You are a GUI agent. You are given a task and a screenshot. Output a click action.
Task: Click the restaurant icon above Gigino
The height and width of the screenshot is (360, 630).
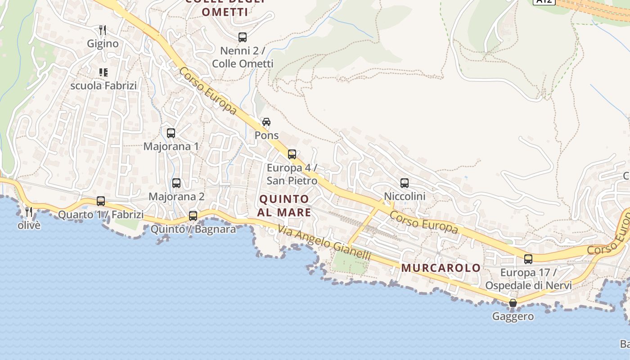(103, 30)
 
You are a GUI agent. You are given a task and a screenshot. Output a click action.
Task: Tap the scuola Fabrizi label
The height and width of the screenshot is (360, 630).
(103, 85)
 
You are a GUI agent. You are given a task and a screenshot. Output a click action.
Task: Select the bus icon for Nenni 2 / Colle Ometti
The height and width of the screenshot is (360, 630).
(243, 37)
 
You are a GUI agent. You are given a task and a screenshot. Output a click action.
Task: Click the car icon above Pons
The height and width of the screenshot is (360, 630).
(266, 122)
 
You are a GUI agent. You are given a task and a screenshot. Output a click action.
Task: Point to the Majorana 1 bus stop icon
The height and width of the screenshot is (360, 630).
(171, 133)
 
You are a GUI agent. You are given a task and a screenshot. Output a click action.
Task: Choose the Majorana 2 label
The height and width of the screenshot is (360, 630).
(176, 197)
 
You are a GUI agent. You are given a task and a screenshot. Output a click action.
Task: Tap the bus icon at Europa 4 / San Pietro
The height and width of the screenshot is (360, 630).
(292, 154)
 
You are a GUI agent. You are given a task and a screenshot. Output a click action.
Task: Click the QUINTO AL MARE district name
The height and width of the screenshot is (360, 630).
(285, 206)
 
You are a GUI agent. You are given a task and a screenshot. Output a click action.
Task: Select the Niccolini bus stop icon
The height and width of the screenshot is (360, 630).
(405, 183)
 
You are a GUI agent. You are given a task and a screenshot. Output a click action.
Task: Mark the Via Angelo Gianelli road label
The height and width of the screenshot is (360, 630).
(324, 243)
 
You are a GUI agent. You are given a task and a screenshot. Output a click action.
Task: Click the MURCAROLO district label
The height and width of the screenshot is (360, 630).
(441, 268)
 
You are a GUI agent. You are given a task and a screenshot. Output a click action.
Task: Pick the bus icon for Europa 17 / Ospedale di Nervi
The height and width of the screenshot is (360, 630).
(528, 259)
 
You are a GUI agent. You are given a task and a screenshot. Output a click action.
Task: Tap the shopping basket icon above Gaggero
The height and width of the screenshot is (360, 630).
(513, 303)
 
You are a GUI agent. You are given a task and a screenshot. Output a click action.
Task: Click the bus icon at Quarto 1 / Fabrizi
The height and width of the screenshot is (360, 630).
(101, 201)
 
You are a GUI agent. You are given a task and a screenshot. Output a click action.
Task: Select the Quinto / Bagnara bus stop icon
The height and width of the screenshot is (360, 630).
(193, 216)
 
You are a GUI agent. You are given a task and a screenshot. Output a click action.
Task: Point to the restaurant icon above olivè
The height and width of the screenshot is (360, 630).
(29, 211)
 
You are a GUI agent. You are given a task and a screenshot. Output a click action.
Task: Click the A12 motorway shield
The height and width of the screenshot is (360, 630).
(544, 1)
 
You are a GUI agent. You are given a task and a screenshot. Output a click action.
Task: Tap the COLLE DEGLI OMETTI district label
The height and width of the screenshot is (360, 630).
(225, 7)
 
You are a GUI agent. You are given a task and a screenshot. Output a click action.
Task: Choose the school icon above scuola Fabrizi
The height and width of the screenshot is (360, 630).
(103, 72)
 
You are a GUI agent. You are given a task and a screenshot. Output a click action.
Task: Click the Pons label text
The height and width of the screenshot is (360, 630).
(267, 135)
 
